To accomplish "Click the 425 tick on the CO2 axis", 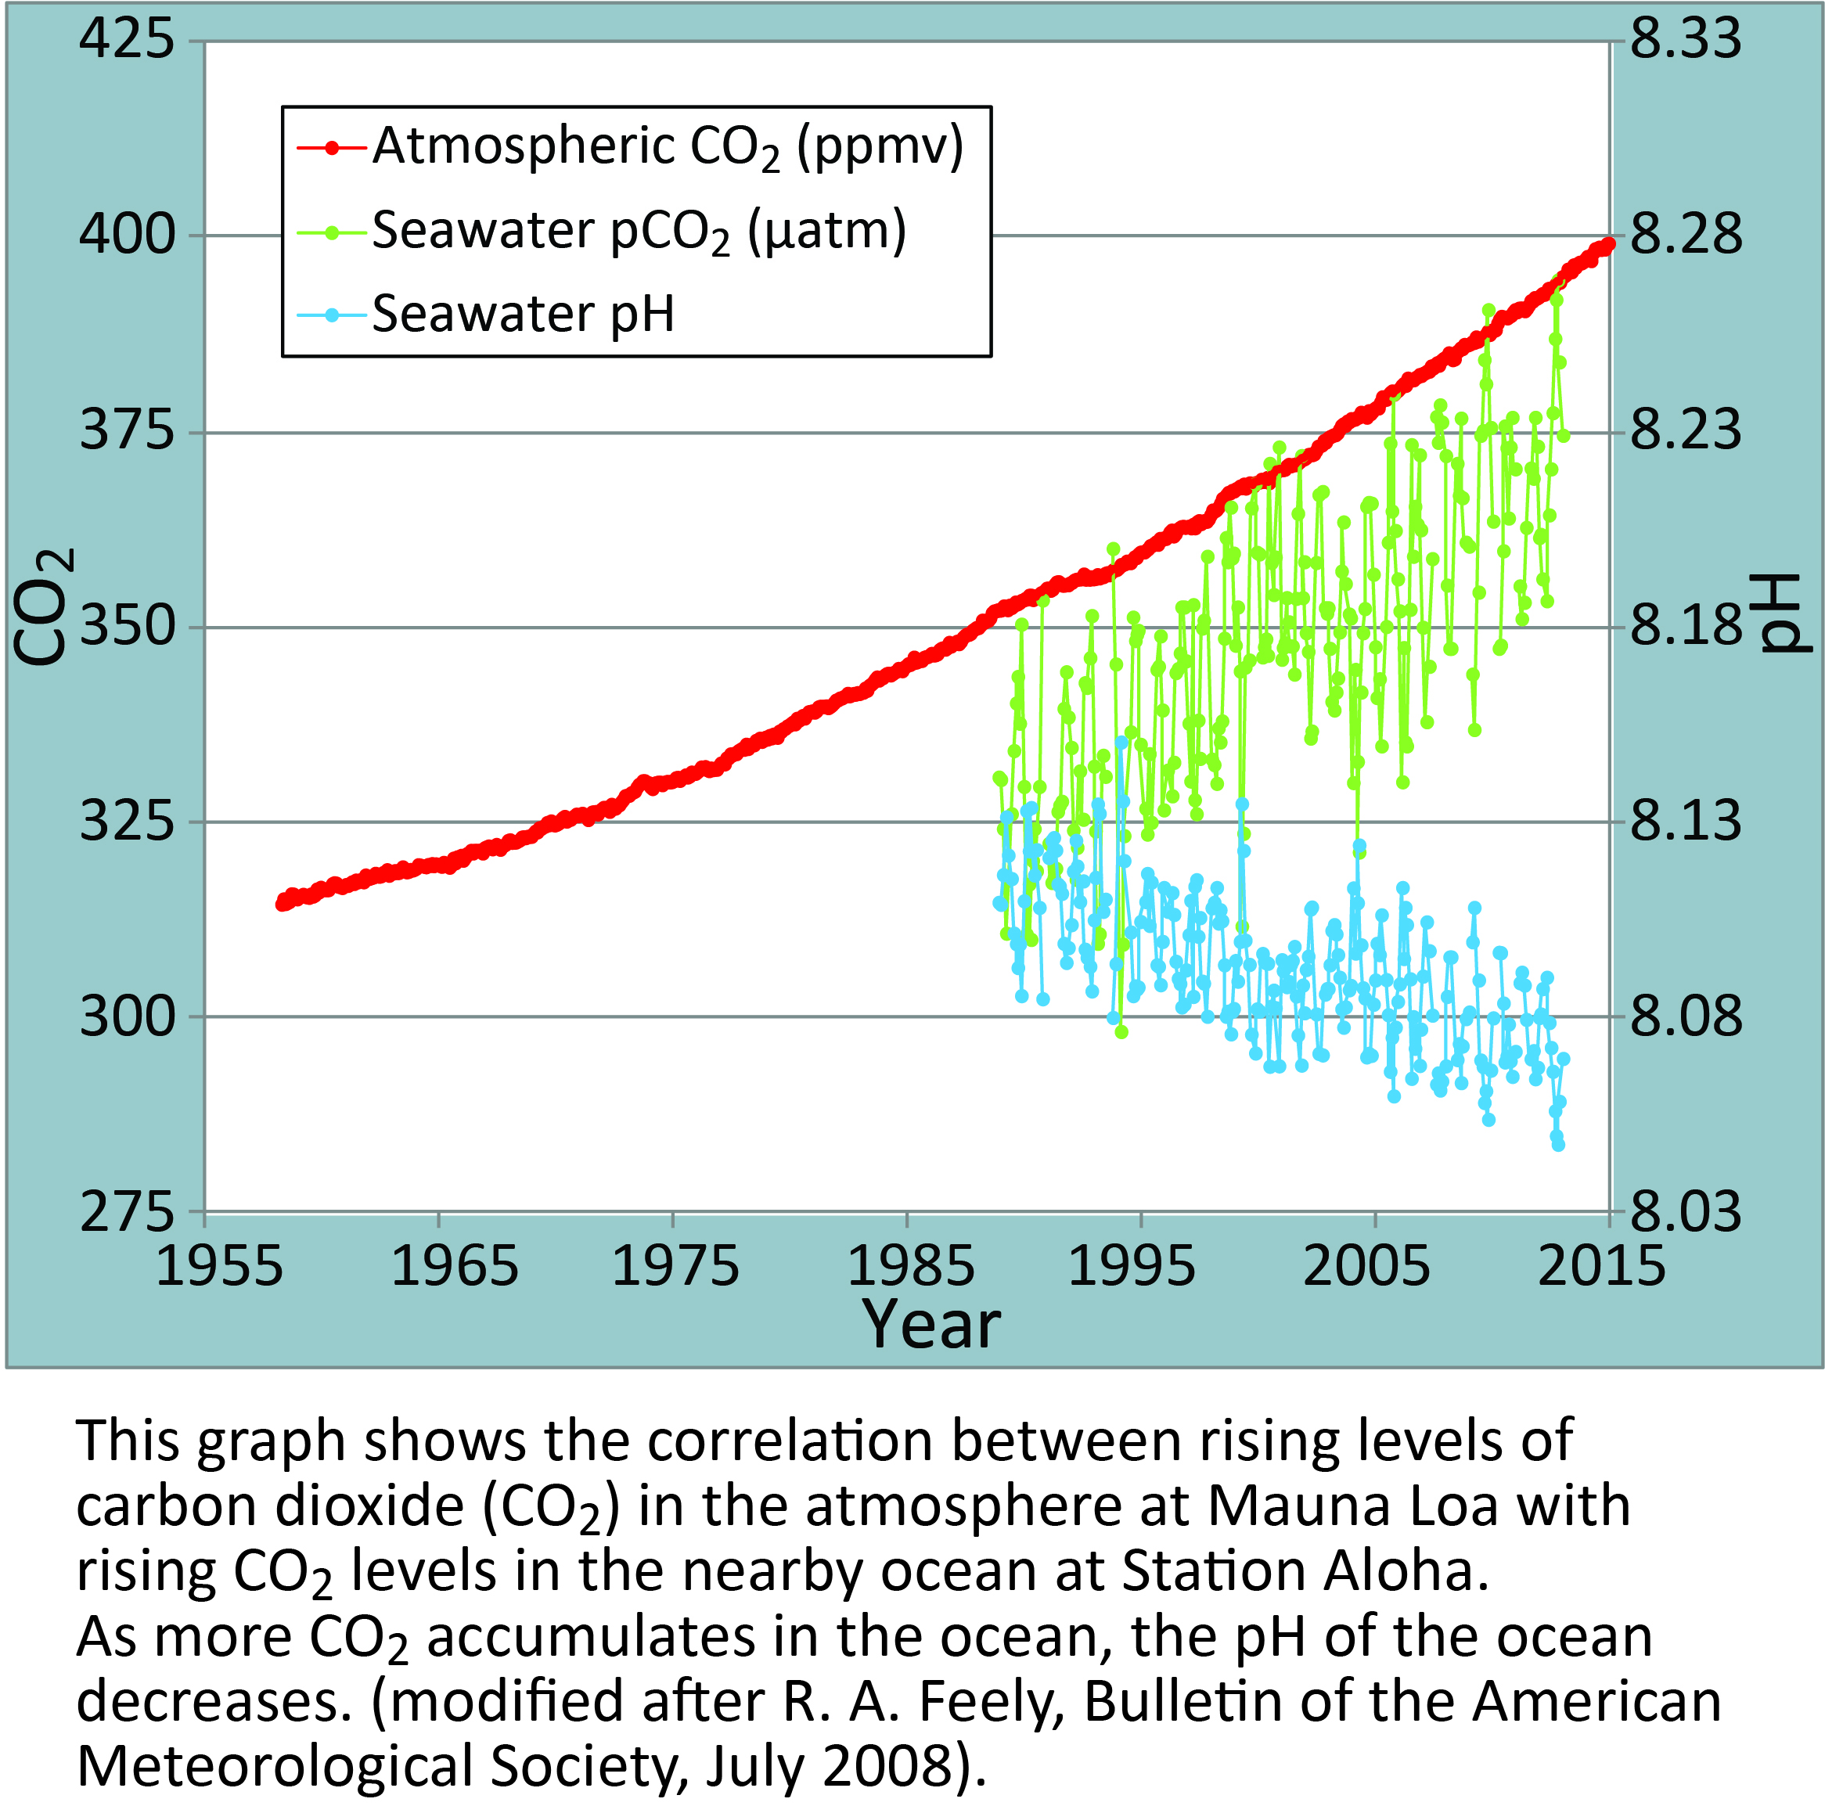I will pyautogui.click(x=127, y=40).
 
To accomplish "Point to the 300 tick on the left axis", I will pyautogui.click(x=127, y=1017).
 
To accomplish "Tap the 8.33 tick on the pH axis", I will pyautogui.click(x=1686, y=40).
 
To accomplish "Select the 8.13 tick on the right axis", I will pyautogui.click(x=1686, y=821).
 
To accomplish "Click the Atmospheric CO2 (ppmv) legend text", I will pyautogui.click(x=668, y=147).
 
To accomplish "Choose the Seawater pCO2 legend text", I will pyautogui.click(x=639, y=232).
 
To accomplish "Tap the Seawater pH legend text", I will pyautogui.click(x=524, y=314).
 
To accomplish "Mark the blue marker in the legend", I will pyautogui.click(x=332, y=315).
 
